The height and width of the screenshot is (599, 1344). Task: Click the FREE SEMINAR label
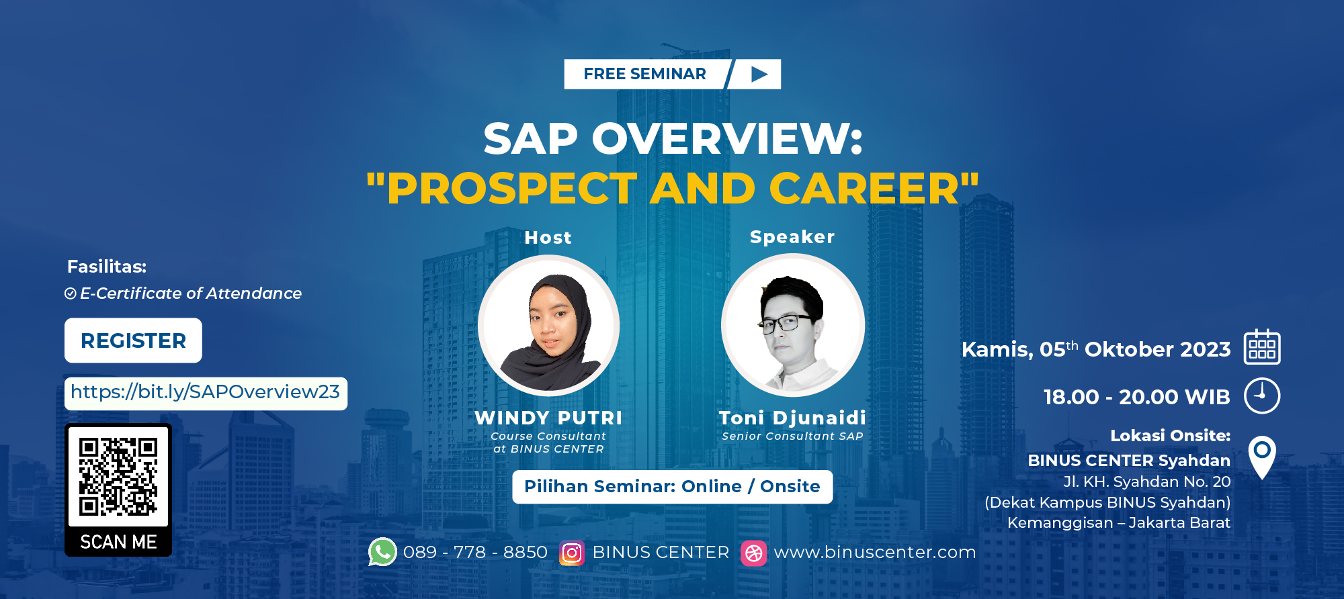pyautogui.click(x=644, y=74)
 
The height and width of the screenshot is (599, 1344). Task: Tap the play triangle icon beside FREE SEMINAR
pyautogui.click(x=759, y=74)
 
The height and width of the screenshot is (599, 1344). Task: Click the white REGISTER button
pyautogui.click(x=133, y=340)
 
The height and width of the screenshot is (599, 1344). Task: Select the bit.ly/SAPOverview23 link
pyautogui.click(x=205, y=392)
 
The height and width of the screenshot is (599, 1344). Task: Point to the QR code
pyautogui.click(x=118, y=476)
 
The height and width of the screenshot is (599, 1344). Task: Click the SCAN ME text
pyautogui.click(x=118, y=542)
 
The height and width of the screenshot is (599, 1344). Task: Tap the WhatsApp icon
pyautogui.click(x=382, y=552)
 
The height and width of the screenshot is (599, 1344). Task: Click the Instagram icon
pyautogui.click(x=572, y=553)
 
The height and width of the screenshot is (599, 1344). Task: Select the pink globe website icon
pyautogui.click(x=754, y=553)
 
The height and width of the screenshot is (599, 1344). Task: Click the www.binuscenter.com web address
pyautogui.click(x=874, y=552)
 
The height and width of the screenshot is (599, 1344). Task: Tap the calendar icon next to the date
pyautogui.click(x=1261, y=347)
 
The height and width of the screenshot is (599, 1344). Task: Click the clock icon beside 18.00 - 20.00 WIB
pyautogui.click(x=1261, y=396)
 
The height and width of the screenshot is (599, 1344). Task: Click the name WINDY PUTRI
pyautogui.click(x=548, y=418)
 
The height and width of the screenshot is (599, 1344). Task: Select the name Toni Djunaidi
pyautogui.click(x=792, y=418)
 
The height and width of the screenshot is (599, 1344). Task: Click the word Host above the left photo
pyautogui.click(x=548, y=238)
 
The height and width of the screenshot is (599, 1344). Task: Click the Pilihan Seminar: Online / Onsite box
pyautogui.click(x=672, y=486)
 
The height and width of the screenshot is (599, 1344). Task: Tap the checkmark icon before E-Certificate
pyautogui.click(x=71, y=293)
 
